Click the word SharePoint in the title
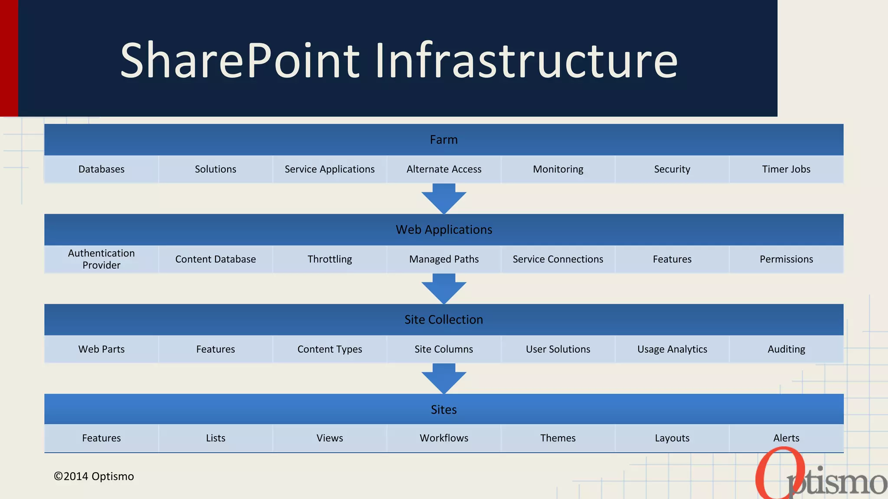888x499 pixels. point(240,61)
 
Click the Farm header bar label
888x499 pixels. point(444,140)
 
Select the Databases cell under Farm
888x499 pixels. point(101,169)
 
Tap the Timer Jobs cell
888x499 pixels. point(786,169)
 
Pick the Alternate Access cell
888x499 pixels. point(444,169)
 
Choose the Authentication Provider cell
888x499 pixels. point(101,259)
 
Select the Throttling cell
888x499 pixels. point(330,259)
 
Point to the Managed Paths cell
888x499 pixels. point(444,259)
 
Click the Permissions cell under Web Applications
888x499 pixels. point(786,259)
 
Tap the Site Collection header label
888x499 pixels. point(444,320)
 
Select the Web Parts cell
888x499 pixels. point(101,349)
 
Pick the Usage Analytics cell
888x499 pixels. point(672,349)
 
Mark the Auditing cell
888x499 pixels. point(786,349)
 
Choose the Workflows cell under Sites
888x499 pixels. point(444,438)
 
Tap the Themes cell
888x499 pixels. point(558,438)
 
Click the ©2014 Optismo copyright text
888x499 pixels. point(94,476)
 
